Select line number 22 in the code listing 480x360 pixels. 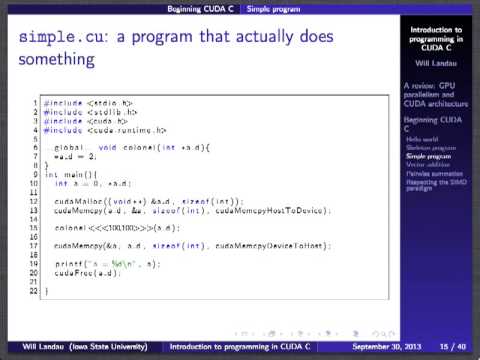pos(35,290)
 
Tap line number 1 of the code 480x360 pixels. pos(37,103)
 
